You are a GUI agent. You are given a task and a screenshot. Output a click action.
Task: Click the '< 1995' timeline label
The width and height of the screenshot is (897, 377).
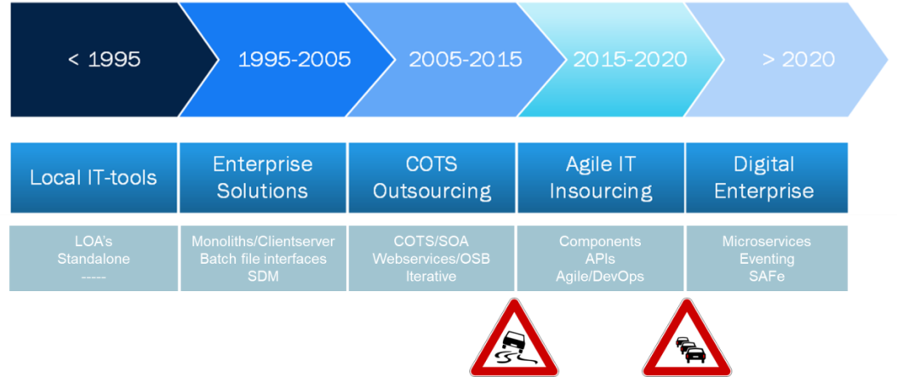coord(104,59)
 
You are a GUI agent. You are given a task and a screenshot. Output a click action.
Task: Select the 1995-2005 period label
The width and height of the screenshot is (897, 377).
coord(294,59)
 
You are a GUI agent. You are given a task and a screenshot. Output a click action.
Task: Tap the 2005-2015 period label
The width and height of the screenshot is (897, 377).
coord(465,59)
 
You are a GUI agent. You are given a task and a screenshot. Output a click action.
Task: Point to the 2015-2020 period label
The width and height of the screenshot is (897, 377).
coord(630,59)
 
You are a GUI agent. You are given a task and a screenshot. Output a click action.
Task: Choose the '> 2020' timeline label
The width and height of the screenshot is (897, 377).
coord(798,59)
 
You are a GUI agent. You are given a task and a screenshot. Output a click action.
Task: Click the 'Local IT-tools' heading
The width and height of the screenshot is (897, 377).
coord(94,177)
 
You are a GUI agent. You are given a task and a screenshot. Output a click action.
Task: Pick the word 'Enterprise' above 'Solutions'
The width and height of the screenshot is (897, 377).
coord(263,164)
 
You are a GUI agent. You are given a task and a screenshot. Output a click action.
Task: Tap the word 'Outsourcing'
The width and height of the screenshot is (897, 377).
coord(432,191)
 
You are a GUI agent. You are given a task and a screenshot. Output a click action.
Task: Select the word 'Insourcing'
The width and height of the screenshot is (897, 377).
coord(601,191)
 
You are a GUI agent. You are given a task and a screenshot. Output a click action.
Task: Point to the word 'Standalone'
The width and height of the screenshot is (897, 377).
coord(94,259)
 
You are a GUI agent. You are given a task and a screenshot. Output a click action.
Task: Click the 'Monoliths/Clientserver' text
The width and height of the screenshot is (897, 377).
coord(263,241)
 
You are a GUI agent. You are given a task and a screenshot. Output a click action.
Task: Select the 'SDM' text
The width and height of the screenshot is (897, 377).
coord(263,277)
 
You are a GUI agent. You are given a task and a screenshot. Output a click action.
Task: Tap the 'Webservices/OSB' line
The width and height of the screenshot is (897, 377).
coord(431,259)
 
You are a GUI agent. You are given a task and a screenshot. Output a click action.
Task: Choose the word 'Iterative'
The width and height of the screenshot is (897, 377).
coord(431,277)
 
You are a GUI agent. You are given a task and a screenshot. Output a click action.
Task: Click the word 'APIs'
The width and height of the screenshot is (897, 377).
coord(600,259)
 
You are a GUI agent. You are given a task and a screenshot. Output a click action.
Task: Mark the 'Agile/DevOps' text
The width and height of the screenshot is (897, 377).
coord(600,277)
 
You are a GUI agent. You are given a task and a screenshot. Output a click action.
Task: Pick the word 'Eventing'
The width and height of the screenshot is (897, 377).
coord(767,259)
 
